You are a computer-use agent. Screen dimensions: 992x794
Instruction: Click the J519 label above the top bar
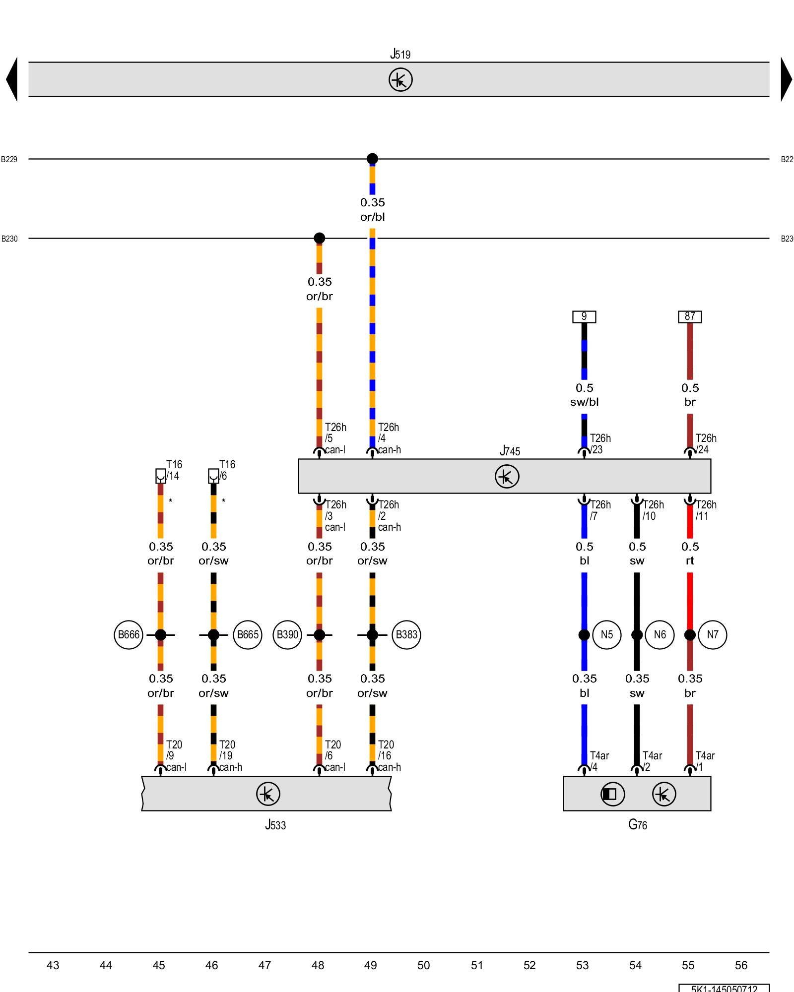[400, 54]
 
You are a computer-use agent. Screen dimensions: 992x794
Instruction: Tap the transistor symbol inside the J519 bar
[400, 80]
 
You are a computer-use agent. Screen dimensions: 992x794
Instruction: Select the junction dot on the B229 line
[372, 159]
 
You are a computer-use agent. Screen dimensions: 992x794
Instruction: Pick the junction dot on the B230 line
[320, 238]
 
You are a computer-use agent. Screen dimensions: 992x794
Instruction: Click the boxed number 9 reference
[584, 316]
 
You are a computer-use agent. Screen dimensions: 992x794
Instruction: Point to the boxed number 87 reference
[690, 316]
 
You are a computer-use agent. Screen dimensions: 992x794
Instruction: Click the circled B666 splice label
[129, 634]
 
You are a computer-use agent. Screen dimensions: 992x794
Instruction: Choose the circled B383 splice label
[406, 634]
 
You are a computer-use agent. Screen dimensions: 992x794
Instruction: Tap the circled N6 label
[660, 634]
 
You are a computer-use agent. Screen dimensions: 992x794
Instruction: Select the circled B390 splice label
[287, 634]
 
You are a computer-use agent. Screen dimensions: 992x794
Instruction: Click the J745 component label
[510, 451]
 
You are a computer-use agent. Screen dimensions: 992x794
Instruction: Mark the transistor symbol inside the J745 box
[507, 477]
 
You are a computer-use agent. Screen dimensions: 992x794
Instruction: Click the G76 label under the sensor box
[637, 825]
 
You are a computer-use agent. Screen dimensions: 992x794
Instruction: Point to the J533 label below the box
[275, 825]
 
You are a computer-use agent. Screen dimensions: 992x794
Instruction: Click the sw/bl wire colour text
[584, 402]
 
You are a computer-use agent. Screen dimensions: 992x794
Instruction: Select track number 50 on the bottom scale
[423, 965]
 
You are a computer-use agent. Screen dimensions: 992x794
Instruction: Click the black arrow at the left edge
[12, 79]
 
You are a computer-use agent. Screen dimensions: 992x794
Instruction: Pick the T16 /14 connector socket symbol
[160, 476]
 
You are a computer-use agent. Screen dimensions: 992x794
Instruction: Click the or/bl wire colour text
[372, 217]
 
